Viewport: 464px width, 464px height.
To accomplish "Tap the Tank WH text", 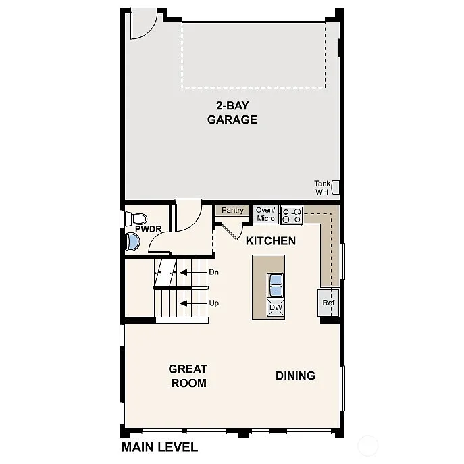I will click(321, 188).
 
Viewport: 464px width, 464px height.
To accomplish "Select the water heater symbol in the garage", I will click(334, 187).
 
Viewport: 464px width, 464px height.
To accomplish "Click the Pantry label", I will click(232, 211).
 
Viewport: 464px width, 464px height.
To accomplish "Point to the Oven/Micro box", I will click(265, 214).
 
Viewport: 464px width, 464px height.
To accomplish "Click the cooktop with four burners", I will click(291, 215).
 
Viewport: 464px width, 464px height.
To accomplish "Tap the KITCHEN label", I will click(270, 241).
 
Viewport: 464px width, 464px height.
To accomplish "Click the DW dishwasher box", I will click(276, 308).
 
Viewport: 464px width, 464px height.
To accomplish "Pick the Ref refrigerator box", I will click(328, 303).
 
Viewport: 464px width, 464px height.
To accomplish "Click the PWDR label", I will click(148, 230).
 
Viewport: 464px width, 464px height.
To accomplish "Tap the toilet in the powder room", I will click(138, 218).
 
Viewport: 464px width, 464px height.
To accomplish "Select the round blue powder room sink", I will click(132, 242).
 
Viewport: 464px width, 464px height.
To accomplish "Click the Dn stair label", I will click(213, 272).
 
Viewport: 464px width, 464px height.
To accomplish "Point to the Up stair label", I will click(213, 303).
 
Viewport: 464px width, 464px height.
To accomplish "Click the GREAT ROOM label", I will click(188, 376).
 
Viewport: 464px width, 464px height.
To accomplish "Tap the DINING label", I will click(295, 376).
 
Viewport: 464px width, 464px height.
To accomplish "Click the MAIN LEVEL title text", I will click(159, 447).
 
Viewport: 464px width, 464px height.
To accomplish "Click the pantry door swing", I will click(230, 230).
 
